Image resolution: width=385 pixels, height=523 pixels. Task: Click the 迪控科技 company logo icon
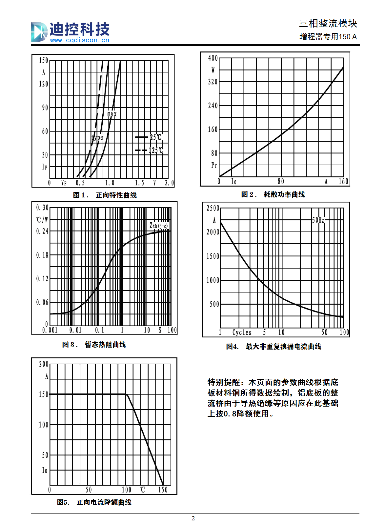(x=39, y=32)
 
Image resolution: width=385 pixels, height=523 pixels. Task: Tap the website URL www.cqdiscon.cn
(x=80, y=40)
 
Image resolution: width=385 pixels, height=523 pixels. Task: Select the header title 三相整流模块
(x=328, y=23)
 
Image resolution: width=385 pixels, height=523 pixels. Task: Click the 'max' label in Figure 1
(x=112, y=114)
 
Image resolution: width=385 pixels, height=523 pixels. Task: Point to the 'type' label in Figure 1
(x=97, y=138)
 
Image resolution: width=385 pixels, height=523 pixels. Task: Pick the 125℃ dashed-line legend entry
(x=149, y=150)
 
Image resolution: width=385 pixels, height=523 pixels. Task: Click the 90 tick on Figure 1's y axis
(x=45, y=108)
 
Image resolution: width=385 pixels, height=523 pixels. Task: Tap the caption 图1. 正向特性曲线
(x=105, y=195)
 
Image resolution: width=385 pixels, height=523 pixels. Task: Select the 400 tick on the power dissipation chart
(x=213, y=58)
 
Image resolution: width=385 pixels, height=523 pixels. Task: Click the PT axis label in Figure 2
(x=214, y=165)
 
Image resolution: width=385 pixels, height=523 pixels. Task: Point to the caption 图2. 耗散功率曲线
(x=273, y=194)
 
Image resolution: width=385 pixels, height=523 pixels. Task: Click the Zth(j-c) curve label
(x=159, y=226)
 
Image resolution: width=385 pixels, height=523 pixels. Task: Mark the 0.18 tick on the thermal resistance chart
(x=42, y=255)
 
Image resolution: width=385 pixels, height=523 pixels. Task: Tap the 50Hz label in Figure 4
(x=318, y=220)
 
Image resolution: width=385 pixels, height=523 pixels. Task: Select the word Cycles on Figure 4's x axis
(x=242, y=332)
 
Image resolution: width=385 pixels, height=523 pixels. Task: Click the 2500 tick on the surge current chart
(x=213, y=208)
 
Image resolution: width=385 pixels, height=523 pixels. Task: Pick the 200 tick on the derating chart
(x=44, y=364)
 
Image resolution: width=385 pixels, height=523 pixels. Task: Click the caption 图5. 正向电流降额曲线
(x=94, y=502)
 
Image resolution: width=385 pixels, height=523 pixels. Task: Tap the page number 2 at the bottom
(x=193, y=518)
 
